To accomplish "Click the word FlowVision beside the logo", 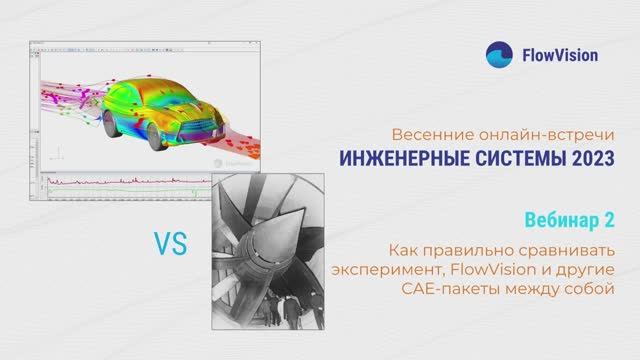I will pos(560,55).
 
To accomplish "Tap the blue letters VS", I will pos(170,243).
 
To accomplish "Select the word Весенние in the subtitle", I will pos(426,135).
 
